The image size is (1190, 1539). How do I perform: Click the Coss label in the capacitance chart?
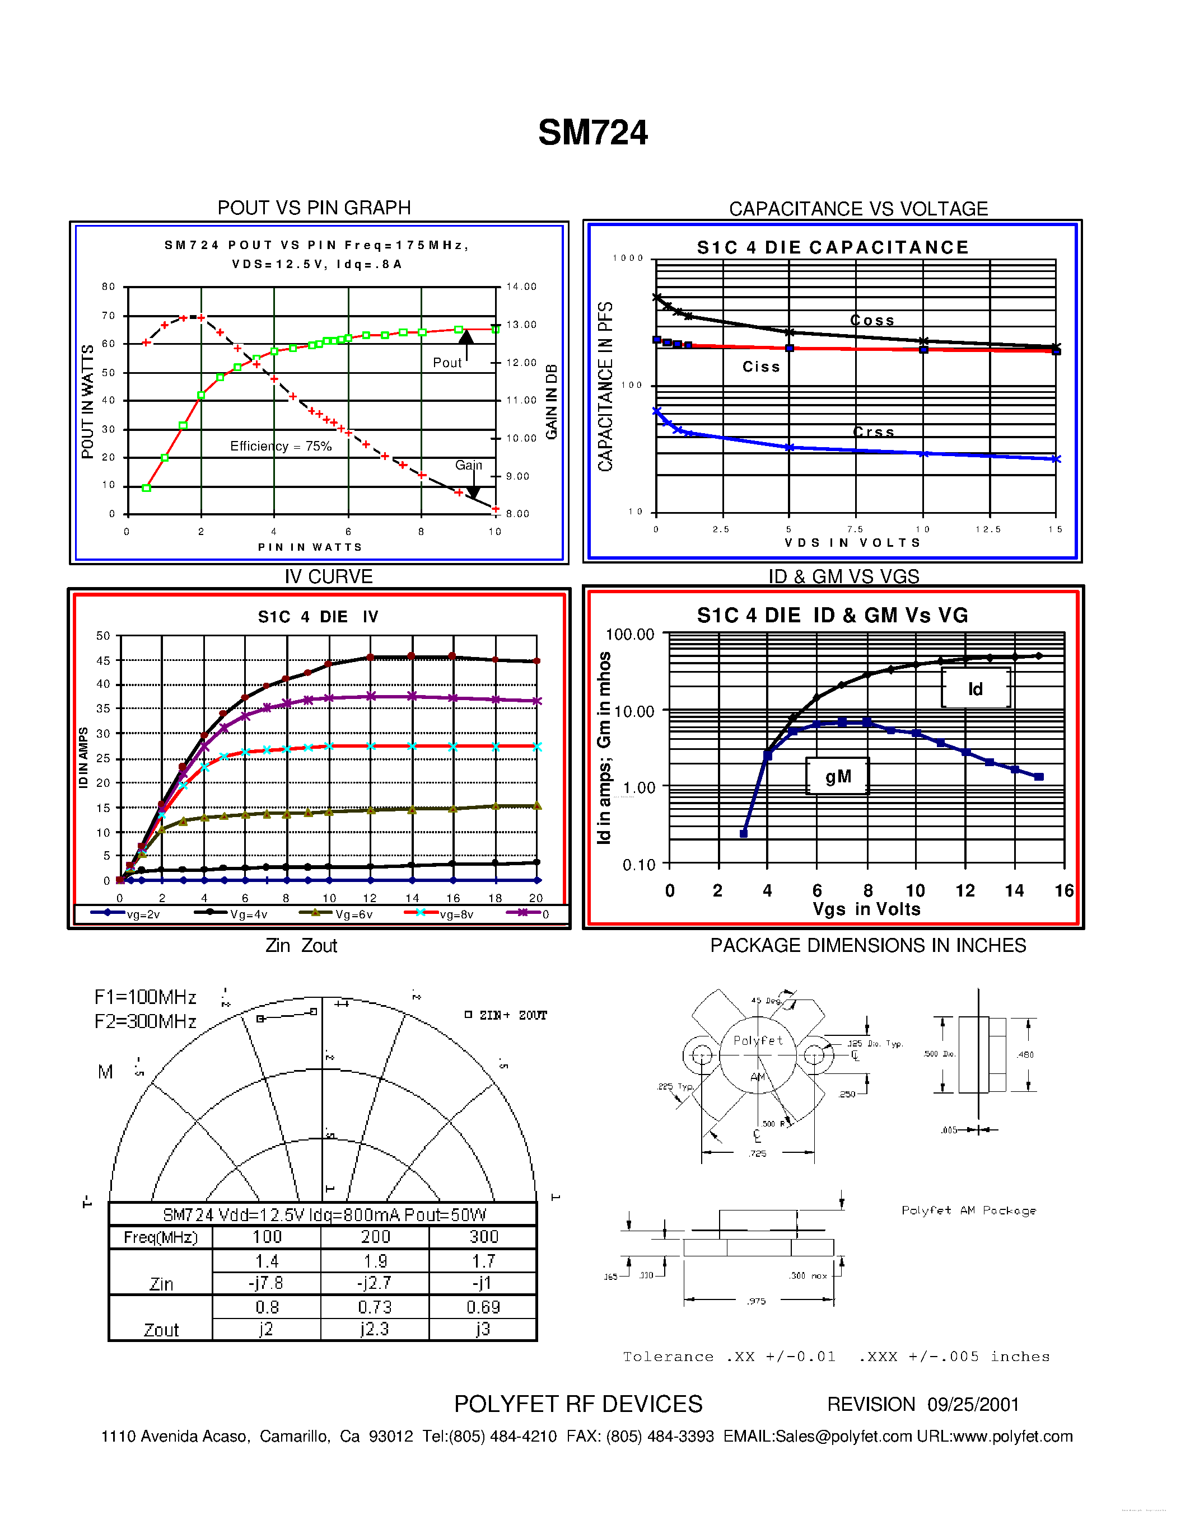tap(872, 321)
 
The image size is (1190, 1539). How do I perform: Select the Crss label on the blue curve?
tap(874, 432)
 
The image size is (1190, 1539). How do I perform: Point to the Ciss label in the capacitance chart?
tap(762, 367)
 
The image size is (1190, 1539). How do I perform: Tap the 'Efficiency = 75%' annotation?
tap(281, 446)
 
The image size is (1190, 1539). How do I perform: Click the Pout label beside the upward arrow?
tap(447, 362)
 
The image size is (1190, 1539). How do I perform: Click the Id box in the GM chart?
tap(975, 688)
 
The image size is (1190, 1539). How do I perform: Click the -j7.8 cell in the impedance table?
tap(266, 1283)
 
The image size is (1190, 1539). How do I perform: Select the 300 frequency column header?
tap(484, 1237)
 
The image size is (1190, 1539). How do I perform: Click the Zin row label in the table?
tap(161, 1284)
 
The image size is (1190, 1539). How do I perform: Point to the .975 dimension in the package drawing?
tap(757, 1301)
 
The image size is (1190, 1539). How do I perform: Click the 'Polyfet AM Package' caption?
tap(969, 1210)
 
